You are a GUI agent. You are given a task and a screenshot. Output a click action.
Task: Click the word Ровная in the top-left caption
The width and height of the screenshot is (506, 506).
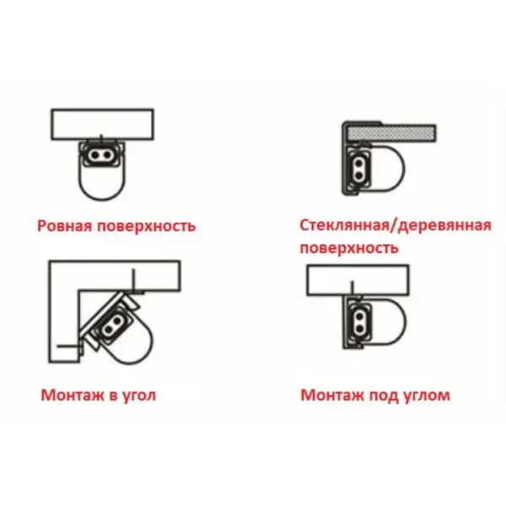click(65, 226)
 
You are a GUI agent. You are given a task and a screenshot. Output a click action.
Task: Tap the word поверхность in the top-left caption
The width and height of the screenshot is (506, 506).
click(147, 227)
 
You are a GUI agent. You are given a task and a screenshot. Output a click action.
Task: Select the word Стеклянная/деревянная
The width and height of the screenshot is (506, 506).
click(396, 225)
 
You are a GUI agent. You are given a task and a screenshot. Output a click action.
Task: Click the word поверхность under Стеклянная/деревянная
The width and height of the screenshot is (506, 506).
click(349, 248)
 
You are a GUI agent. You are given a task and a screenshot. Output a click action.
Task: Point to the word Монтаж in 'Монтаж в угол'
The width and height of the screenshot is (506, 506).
click(73, 395)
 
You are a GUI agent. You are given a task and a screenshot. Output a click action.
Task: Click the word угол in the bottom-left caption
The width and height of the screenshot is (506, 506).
click(138, 396)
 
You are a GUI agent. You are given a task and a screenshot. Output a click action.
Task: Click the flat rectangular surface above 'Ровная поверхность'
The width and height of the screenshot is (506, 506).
click(102, 124)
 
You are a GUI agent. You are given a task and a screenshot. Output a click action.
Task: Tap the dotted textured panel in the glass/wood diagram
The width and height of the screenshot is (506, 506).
click(392, 133)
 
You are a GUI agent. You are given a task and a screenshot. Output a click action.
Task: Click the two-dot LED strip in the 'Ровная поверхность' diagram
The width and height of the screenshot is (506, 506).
click(100, 155)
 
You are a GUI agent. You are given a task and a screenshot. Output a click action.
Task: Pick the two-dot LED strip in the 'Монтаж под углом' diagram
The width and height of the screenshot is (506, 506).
click(359, 322)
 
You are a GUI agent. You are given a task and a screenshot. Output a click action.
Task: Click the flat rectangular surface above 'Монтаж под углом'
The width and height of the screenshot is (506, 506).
click(358, 280)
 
